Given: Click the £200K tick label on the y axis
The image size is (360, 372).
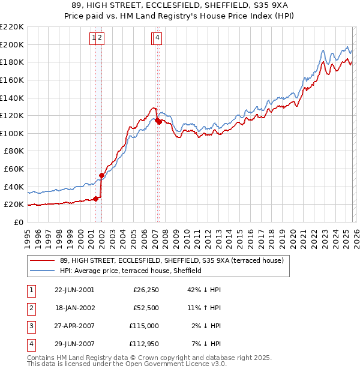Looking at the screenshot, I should (x=12, y=44).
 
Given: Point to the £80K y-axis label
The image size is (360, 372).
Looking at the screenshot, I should (x=14, y=151).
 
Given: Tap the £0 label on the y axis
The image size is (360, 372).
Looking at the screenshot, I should (x=19, y=222).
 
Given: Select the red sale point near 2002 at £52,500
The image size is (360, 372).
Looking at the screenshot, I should (x=101, y=175).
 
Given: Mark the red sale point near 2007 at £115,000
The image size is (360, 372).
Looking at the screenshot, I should (x=157, y=120).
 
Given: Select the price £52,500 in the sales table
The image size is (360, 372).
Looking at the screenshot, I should (x=145, y=308).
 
